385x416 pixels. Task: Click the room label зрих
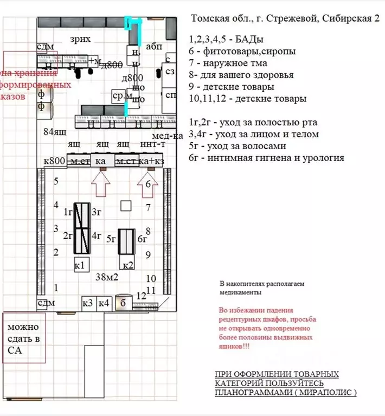80,39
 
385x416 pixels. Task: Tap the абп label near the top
155,47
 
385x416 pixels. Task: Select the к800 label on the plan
54,161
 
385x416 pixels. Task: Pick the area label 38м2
107,277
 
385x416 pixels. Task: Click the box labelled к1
80,265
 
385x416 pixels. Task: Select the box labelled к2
128,265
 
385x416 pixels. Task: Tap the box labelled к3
88,303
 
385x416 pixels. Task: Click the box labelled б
123,303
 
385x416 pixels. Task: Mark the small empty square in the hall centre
126,206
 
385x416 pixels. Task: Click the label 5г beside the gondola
111,238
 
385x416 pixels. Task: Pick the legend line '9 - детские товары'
232,86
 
